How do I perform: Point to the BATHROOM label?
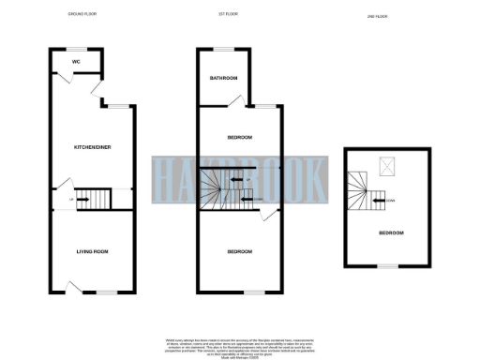pos(223,78)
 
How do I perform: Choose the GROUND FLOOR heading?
pos(84,15)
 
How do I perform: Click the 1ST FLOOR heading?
pos(230,15)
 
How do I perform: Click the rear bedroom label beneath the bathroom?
pos(240,138)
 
